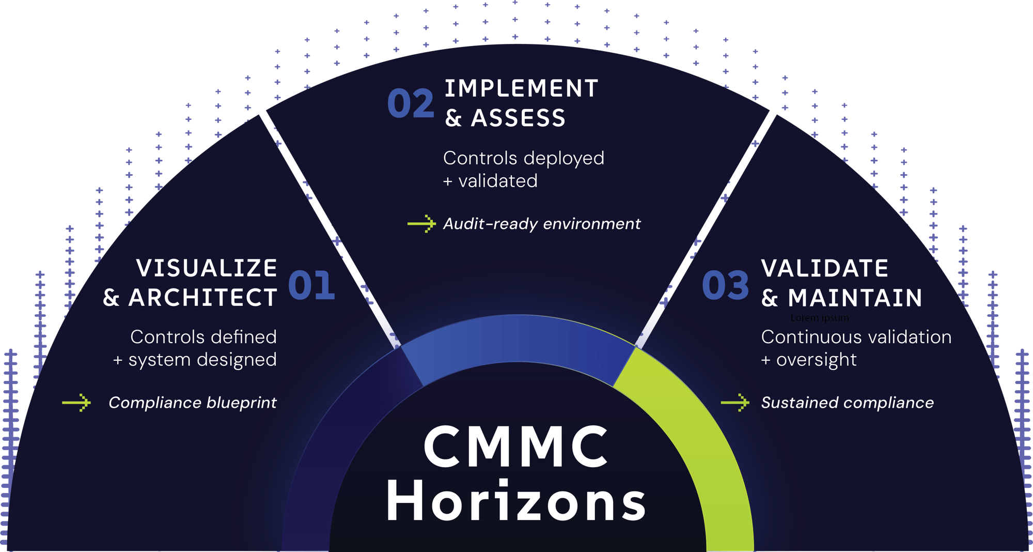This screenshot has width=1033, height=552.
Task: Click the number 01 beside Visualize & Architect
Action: coord(311,285)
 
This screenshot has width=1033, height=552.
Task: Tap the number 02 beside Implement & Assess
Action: coord(411,103)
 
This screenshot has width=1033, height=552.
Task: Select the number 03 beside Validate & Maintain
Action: coord(725,285)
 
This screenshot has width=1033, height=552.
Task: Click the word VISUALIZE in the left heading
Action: coord(207,268)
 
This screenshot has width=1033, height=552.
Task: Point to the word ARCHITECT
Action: coord(203,298)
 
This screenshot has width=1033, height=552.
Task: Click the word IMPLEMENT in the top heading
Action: coord(521,88)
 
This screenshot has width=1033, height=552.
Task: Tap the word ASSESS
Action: coord(518,118)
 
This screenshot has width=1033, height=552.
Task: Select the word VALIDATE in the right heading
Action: coord(825,268)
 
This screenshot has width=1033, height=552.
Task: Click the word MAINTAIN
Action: coord(855,298)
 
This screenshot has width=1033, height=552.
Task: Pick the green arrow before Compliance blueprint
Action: coord(76,402)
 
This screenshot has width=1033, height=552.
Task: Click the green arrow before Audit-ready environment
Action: coord(421,224)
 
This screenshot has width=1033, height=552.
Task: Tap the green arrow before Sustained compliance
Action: coord(735,402)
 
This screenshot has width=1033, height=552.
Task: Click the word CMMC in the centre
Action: coord(516,447)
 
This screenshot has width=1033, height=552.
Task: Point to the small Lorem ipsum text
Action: coord(820,317)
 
